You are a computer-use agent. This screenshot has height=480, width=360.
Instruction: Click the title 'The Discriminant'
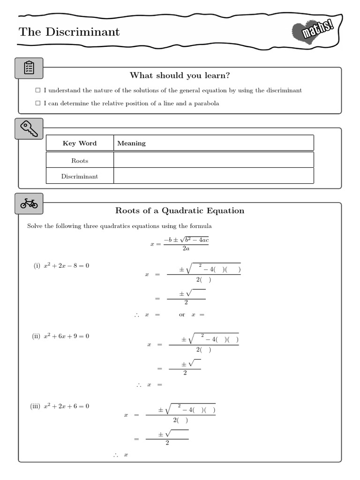[69, 32]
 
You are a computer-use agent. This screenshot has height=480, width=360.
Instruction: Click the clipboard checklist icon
[29, 68]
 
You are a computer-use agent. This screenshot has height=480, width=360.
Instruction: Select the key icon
[29, 128]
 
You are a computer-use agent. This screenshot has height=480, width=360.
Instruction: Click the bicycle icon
[29, 203]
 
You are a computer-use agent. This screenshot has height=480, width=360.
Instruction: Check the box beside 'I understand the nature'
[38, 90]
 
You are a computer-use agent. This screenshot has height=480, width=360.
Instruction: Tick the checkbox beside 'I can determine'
[38, 104]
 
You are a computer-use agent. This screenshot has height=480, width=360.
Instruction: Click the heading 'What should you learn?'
[180, 75]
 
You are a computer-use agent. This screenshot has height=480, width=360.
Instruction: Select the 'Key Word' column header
[80, 143]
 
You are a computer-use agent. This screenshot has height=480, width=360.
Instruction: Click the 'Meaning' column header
[131, 143]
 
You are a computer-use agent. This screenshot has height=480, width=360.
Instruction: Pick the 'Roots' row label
[80, 161]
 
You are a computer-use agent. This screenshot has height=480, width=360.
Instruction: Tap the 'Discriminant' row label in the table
[80, 177]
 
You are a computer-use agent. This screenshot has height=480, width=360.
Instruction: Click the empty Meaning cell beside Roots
[213, 160]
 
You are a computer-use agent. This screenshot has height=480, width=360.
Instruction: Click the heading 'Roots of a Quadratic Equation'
[180, 211]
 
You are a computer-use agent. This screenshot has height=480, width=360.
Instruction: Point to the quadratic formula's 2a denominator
[186, 249]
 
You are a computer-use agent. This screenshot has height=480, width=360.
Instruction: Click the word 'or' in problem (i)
[182, 315]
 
